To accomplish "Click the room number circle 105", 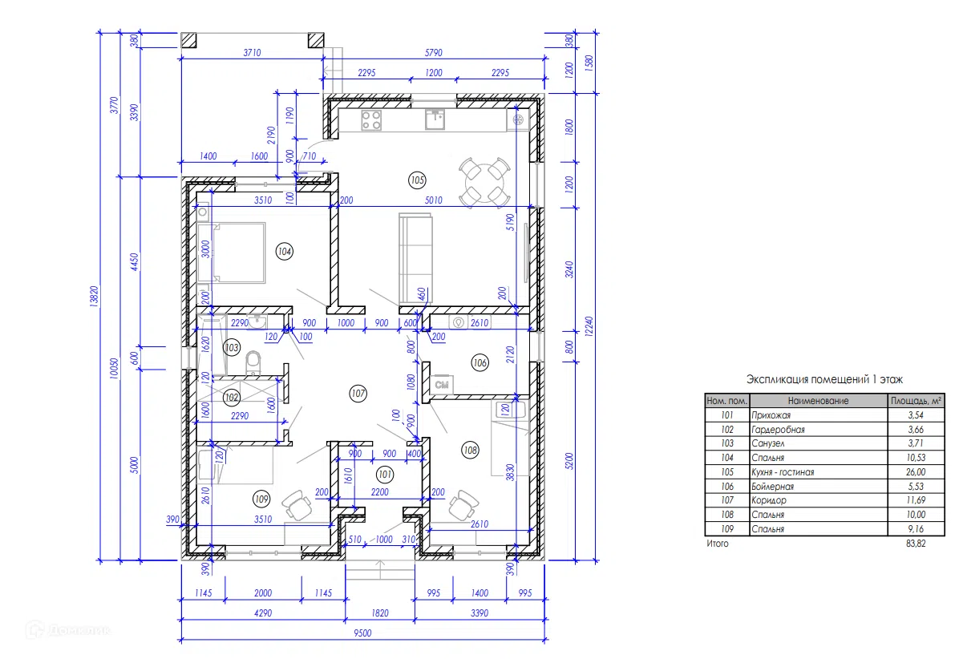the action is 417,180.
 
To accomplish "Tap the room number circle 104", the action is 285,251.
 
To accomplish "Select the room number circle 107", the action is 358,394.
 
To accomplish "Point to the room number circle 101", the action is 385,475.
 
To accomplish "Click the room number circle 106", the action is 480,363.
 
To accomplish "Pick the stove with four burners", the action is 371,119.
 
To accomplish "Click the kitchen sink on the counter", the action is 435,119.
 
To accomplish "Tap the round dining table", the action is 485,181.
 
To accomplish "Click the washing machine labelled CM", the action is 442,385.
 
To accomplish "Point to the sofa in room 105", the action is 415,258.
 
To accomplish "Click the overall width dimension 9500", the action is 362,633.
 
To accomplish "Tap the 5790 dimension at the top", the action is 434,53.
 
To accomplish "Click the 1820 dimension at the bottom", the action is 380,613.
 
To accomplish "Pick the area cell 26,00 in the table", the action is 916,472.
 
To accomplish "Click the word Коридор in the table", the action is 769,500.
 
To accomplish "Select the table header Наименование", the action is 819,401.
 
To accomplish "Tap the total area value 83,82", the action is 916,544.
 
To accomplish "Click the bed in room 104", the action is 232,253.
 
